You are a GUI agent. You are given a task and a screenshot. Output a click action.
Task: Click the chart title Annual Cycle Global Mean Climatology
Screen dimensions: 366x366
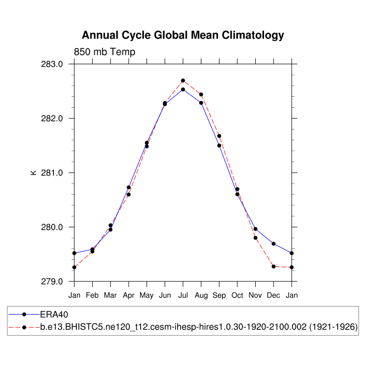pyautogui.click(x=183, y=36)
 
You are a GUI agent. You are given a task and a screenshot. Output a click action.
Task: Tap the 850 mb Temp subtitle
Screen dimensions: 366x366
pyautogui.click(x=105, y=52)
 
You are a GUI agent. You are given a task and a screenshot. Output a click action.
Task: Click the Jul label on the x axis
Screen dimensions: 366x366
pyautogui.click(x=183, y=296)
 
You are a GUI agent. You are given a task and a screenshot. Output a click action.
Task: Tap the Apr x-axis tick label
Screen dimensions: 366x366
pyautogui.click(x=129, y=296)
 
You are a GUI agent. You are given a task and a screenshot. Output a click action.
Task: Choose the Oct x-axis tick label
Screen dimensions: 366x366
pyautogui.click(x=237, y=296)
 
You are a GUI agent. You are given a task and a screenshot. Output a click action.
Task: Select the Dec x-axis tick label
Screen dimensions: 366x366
pyautogui.click(x=273, y=296)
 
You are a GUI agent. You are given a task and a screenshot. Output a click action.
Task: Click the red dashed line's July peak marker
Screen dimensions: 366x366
pyautogui.click(x=183, y=81)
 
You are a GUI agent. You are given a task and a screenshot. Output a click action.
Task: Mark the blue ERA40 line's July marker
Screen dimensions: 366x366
pyautogui.click(x=183, y=89)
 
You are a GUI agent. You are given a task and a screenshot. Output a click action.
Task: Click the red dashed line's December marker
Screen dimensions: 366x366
pyautogui.click(x=273, y=267)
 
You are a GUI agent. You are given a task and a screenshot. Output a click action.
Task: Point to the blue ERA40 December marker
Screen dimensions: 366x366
pyautogui.click(x=273, y=244)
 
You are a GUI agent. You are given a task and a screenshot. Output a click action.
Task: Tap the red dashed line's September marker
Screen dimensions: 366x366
pyautogui.click(x=219, y=136)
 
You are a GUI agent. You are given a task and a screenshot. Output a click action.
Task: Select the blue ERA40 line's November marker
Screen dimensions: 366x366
pyautogui.click(x=256, y=228)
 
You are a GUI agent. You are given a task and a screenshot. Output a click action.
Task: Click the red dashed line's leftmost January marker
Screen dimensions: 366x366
pyautogui.click(x=74, y=267)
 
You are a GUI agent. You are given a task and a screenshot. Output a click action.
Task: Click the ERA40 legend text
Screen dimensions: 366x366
pyautogui.click(x=55, y=314)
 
